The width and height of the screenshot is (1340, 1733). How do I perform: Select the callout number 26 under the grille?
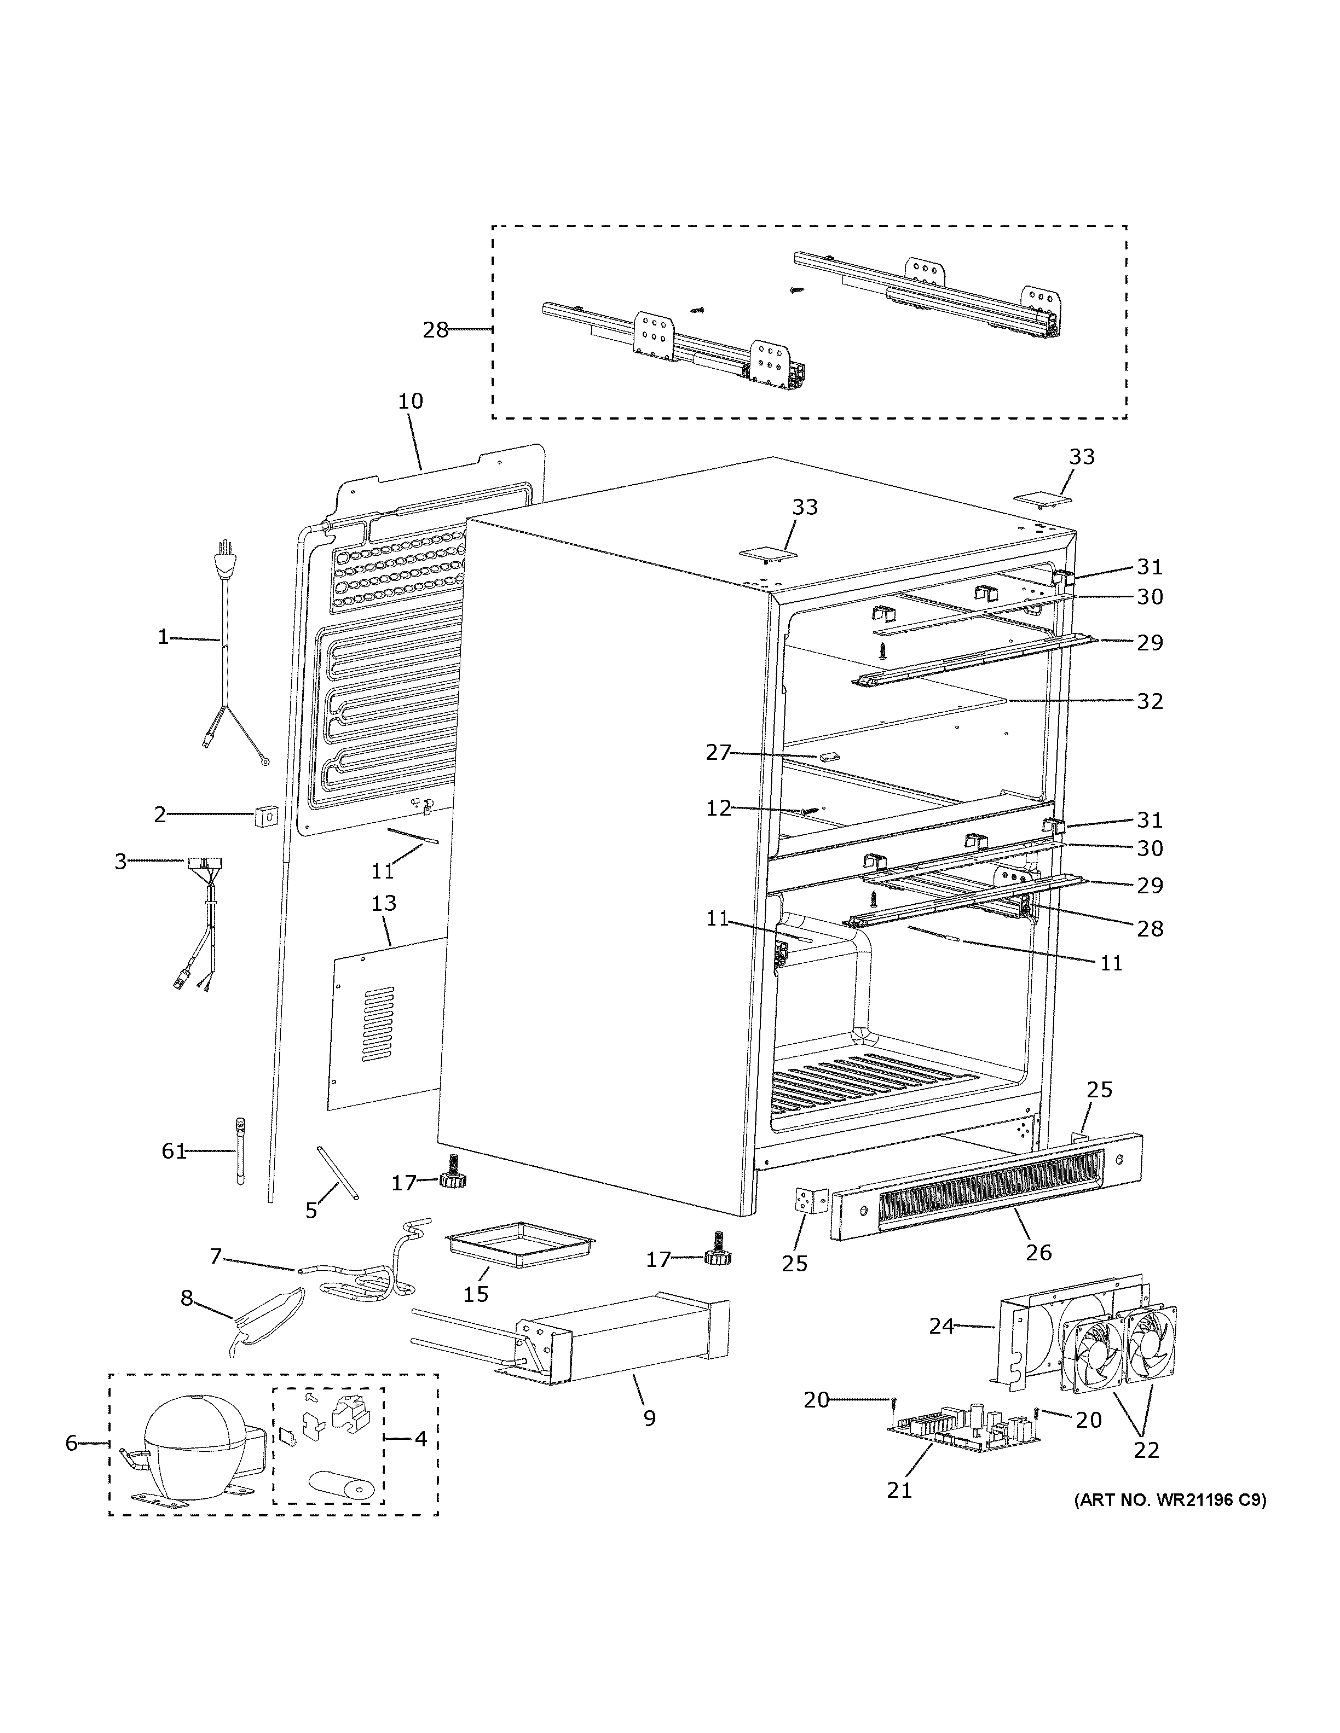[x=1038, y=1252]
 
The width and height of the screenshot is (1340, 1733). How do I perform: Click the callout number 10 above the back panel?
[x=411, y=402]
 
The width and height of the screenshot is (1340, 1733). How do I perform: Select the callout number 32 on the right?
[x=1150, y=701]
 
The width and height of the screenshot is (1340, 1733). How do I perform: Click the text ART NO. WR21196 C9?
[x=1169, y=1501]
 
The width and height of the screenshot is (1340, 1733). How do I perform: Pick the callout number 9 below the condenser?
[x=649, y=1418]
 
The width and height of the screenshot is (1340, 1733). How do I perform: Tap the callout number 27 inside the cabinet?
[x=718, y=752]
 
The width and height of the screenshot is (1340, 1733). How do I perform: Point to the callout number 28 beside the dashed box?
[x=436, y=330]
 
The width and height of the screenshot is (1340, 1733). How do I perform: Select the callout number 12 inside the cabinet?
[x=718, y=809]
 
